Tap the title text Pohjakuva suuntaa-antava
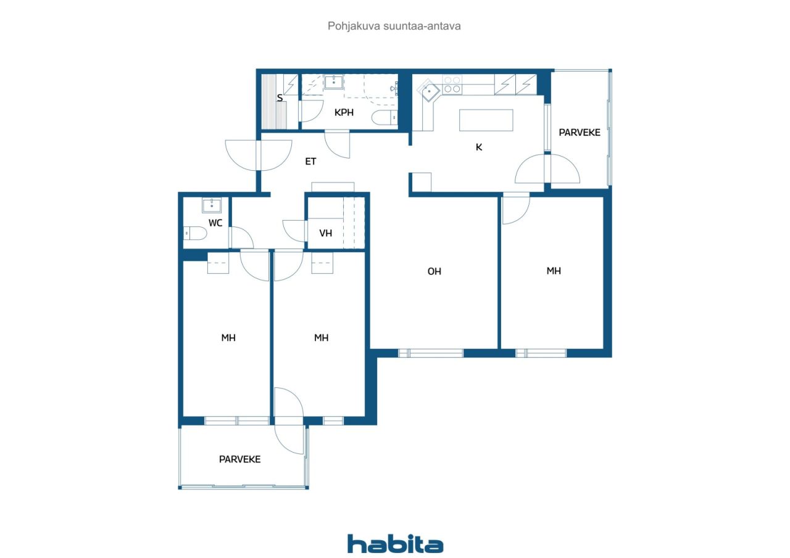(394, 26)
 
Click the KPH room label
(344, 112)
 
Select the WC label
(215, 223)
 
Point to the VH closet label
(325, 233)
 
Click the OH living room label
(434, 271)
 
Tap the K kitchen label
(478, 147)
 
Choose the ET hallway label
(310, 162)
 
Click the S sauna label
(280, 98)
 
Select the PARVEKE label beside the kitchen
(580, 133)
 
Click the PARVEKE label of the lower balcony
(240, 459)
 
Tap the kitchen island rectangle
(486, 120)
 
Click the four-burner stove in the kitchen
(452, 84)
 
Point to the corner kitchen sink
(429, 91)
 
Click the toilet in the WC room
(195, 233)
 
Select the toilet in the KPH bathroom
(385, 117)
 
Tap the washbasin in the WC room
(212, 205)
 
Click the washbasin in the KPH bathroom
(334, 82)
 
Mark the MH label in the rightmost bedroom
(554, 271)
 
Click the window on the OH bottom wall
(431, 353)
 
